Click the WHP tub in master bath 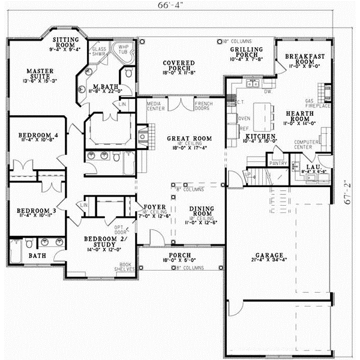(124, 49)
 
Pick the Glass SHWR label (98, 50)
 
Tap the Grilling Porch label (247, 53)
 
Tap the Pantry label (277, 162)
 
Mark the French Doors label (204, 105)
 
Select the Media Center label (157, 105)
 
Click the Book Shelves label (125, 265)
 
